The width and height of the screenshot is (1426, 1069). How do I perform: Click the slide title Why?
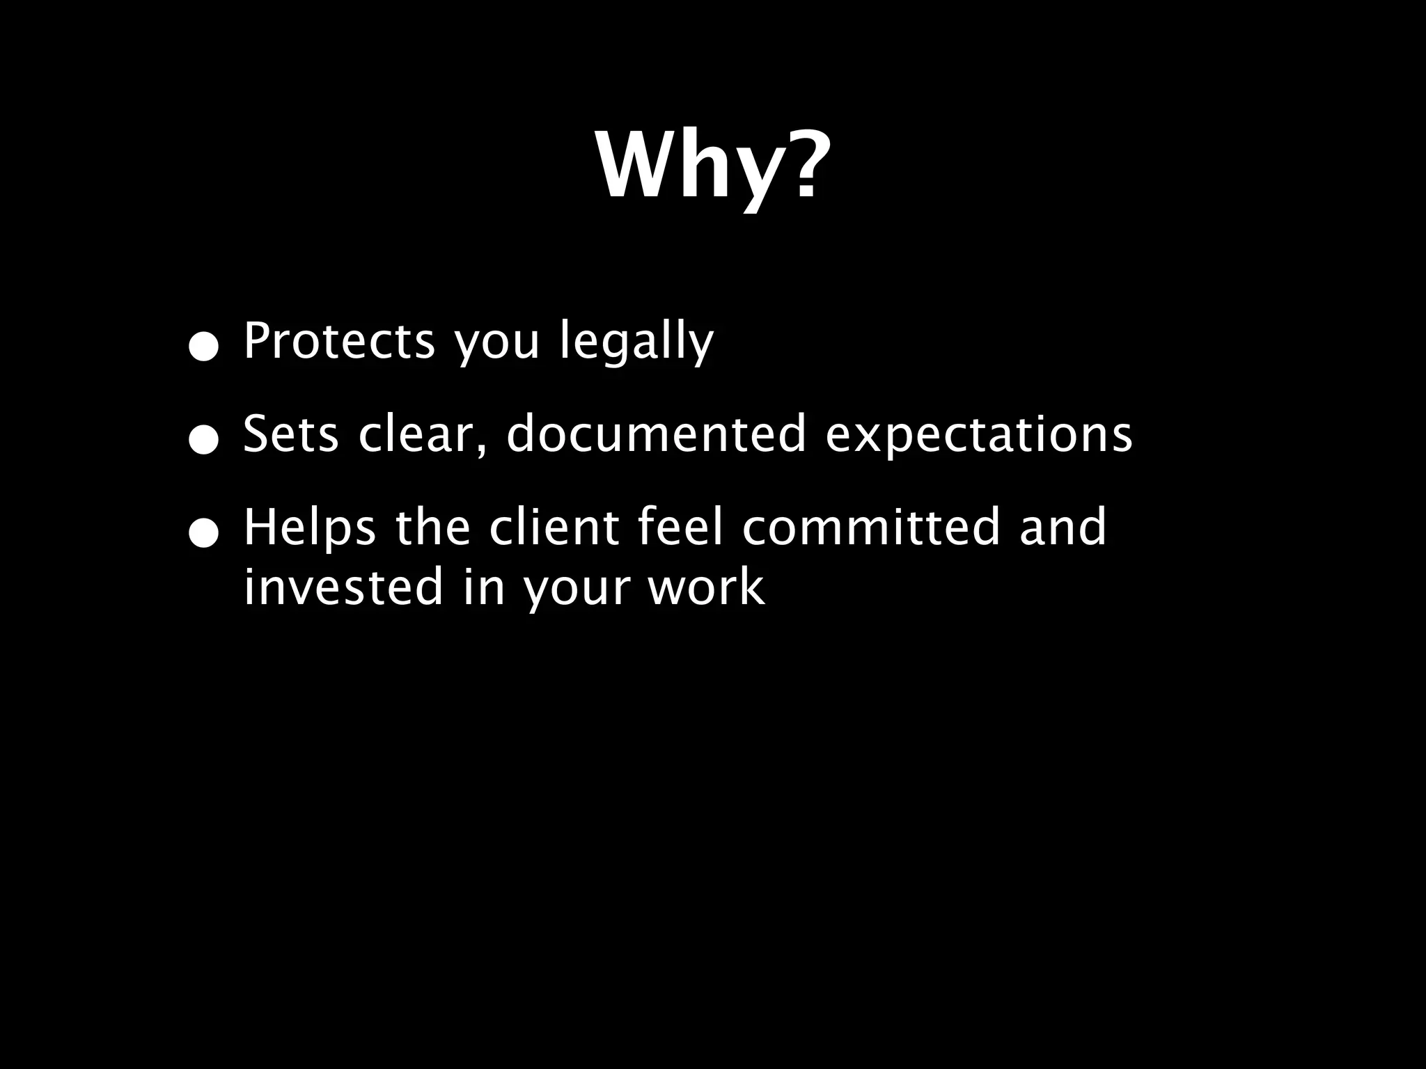(x=713, y=167)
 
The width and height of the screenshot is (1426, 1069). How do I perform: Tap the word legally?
(x=637, y=342)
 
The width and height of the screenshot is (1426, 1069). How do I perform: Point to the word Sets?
(x=290, y=434)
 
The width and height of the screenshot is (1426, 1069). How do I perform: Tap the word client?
(x=554, y=527)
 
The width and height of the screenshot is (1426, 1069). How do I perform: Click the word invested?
(x=343, y=586)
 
